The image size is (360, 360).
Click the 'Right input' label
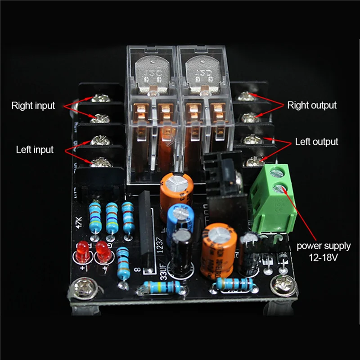click(33, 106)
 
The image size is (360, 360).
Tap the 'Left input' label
click(35, 149)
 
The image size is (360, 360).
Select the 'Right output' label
click(312, 105)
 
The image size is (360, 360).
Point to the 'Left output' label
click(316, 142)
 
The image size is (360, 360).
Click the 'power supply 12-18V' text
click(324, 252)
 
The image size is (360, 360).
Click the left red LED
click(82, 252)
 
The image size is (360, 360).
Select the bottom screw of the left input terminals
click(98, 162)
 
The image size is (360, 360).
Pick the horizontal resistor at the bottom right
click(234, 283)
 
